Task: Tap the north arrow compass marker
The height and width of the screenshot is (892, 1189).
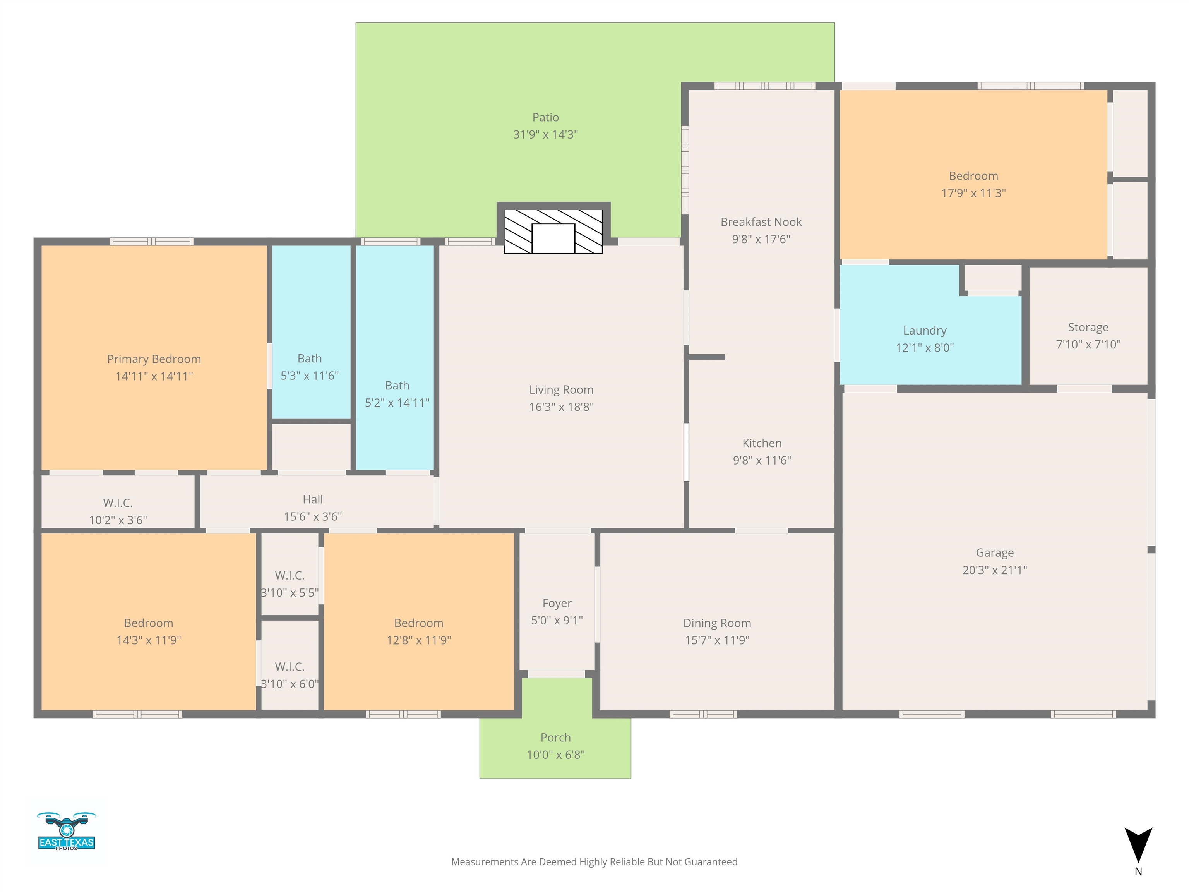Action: [1138, 845]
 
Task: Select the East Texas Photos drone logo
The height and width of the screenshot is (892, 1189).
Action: [67, 831]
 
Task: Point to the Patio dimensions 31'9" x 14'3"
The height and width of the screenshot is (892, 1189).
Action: [546, 134]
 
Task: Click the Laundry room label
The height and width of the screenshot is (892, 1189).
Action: [925, 331]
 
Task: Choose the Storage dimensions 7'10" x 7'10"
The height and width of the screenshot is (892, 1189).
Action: [1088, 344]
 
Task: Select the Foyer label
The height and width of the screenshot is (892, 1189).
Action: [557, 603]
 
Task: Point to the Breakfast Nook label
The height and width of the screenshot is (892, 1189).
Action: [761, 222]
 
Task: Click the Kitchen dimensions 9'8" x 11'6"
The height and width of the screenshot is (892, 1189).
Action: [762, 460]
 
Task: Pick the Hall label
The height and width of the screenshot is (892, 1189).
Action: [313, 499]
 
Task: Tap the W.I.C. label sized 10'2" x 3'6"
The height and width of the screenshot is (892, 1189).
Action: [118, 503]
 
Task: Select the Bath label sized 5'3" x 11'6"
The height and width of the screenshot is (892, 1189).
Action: [310, 359]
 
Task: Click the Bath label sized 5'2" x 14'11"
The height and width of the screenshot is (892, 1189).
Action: [397, 386]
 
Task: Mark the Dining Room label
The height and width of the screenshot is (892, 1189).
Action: [717, 623]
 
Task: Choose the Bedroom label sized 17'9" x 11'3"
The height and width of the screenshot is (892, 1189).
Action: [973, 176]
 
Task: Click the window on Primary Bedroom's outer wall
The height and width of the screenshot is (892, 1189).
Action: [152, 242]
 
